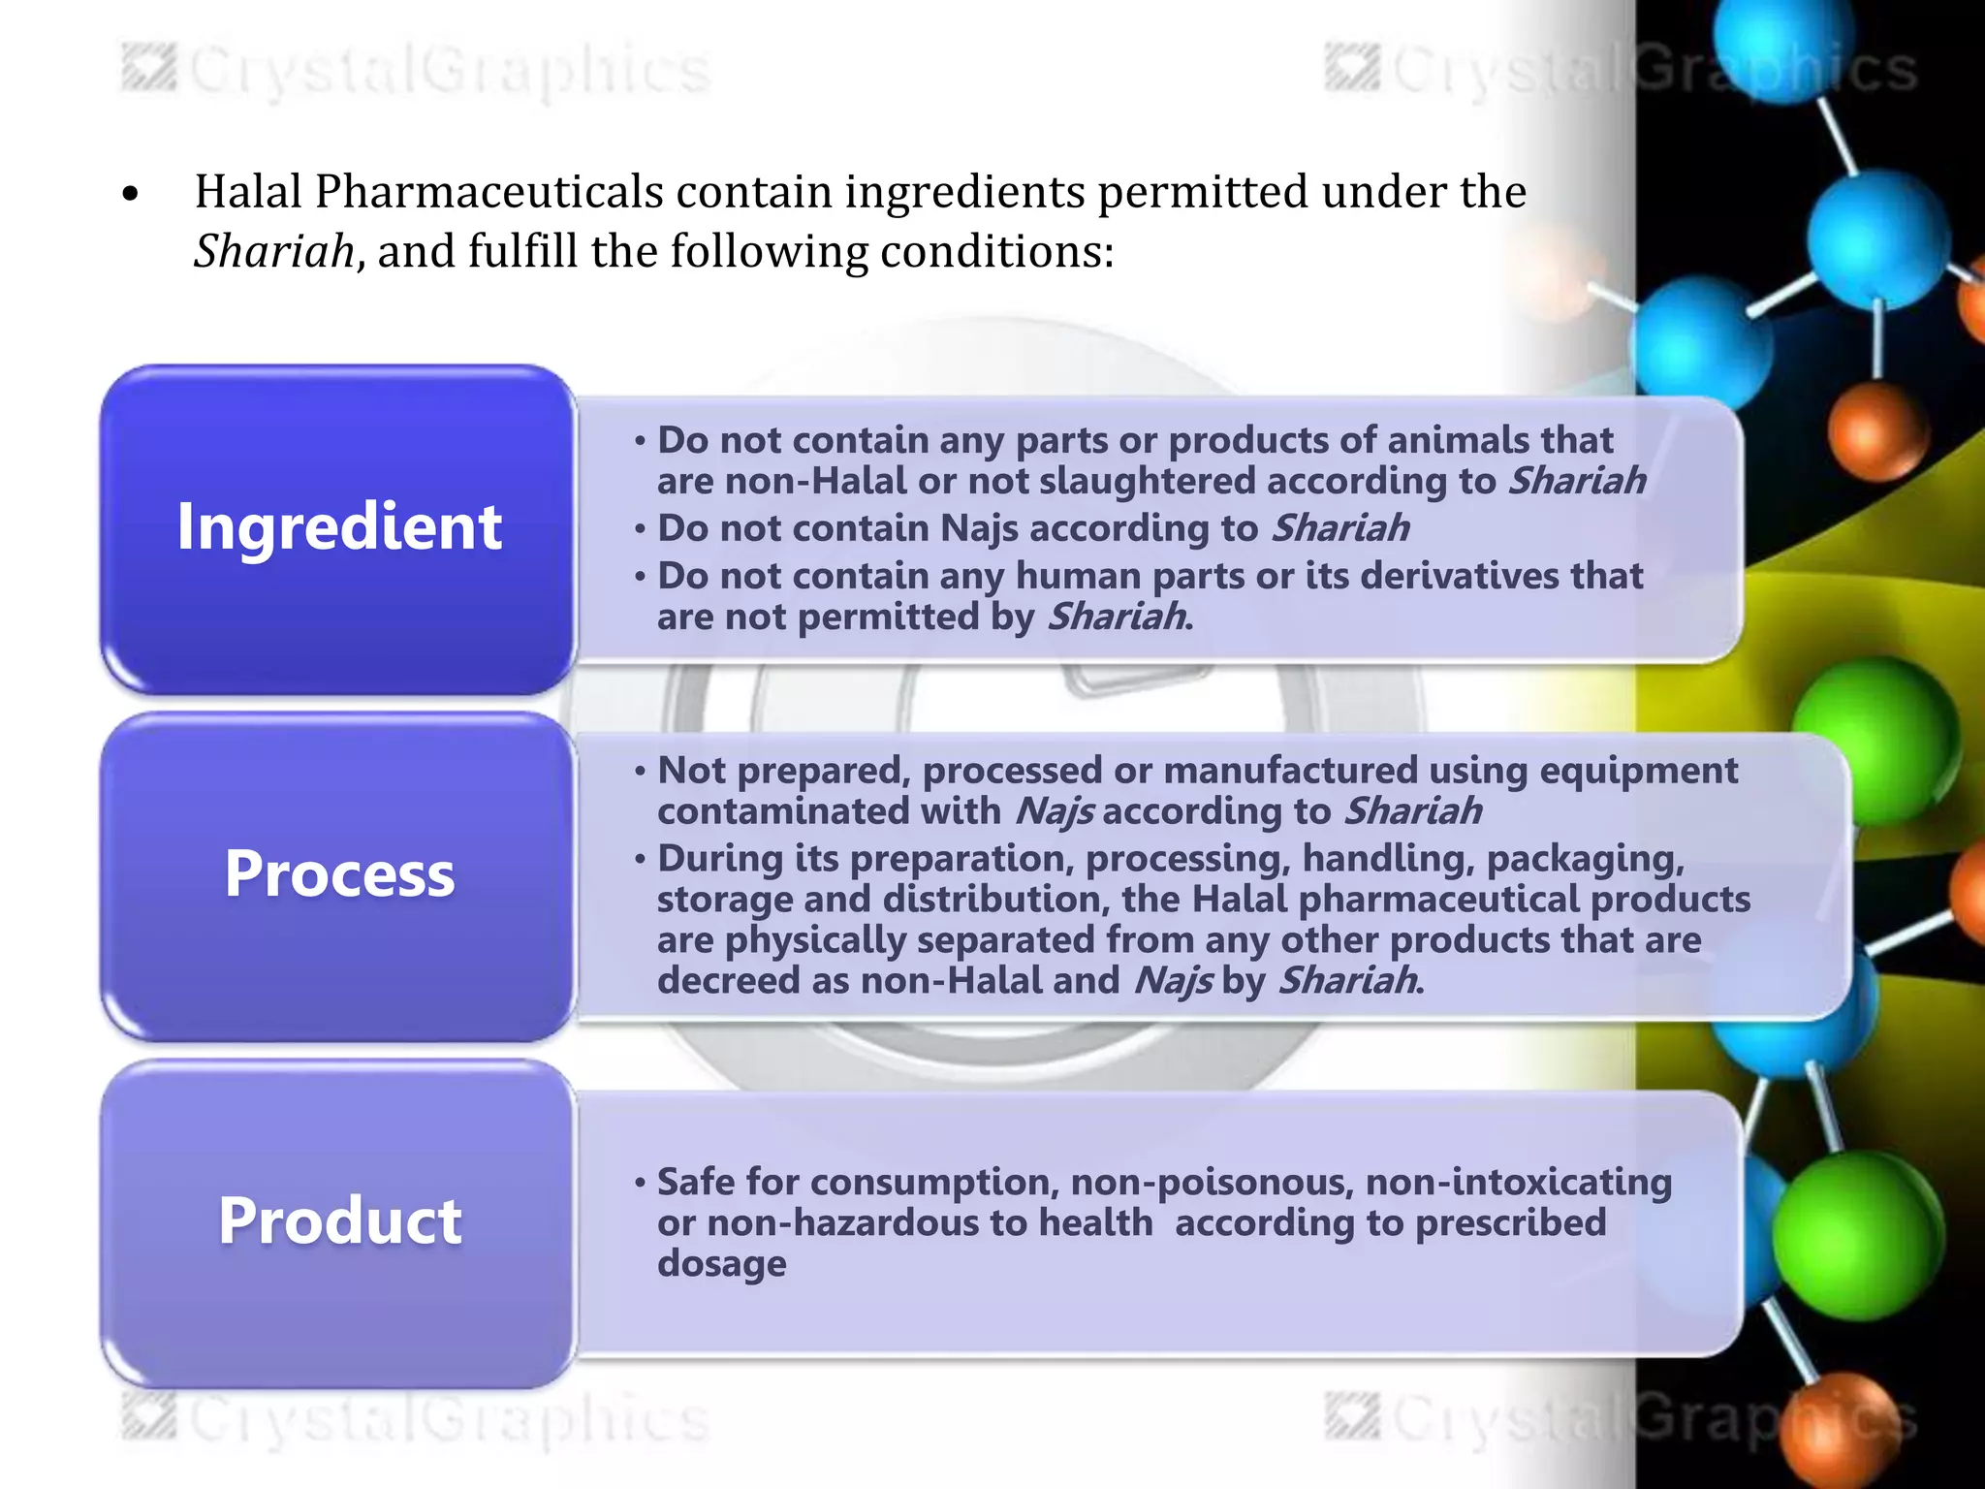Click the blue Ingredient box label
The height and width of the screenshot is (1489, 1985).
(339, 527)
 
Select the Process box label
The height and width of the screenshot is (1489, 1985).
(339, 874)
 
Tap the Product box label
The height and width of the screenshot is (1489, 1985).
(339, 1220)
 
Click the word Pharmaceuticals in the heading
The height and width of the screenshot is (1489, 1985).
(488, 192)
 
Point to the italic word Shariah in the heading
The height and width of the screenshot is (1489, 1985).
(274, 252)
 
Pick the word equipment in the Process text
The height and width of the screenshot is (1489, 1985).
(1638, 771)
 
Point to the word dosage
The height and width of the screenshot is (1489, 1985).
(721, 1264)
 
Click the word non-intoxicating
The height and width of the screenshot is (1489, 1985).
(1518, 1182)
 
